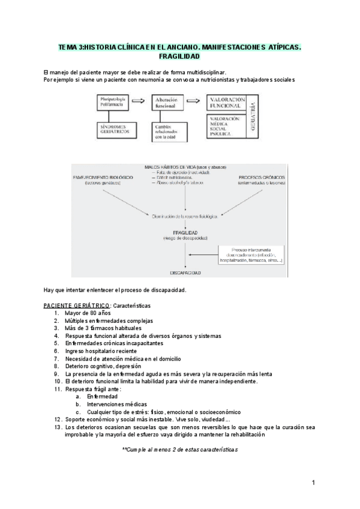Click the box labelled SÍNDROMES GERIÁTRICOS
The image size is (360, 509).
[x=114, y=130]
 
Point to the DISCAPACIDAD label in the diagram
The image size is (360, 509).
[x=180, y=273]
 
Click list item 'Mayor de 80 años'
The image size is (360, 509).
[x=89, y=313]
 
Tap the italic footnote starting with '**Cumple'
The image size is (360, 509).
[x=180, y=449]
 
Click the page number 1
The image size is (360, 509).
[x=313, y=482]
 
